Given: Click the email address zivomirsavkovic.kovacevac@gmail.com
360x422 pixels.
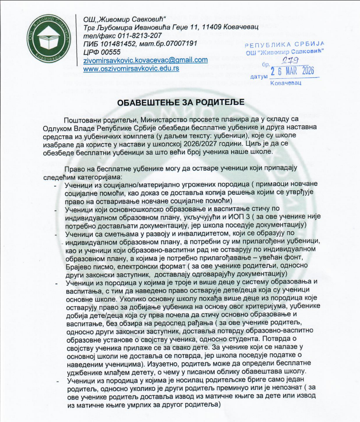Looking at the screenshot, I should click(145, 60).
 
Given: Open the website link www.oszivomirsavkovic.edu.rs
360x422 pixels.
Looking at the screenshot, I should click(131, 69).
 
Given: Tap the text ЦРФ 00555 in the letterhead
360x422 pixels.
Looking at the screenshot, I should click(102, 52).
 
